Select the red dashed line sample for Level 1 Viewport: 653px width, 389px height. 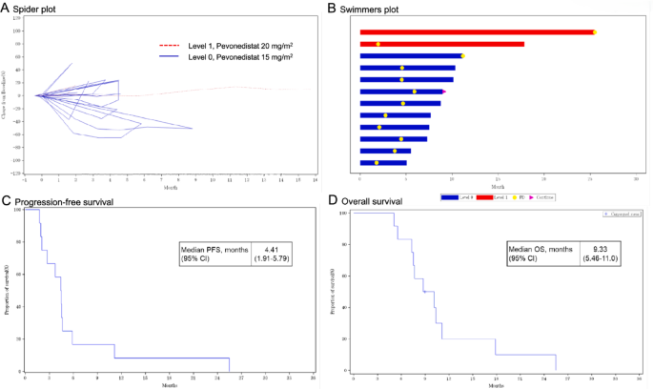(170, 45)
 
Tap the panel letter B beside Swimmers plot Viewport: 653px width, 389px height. (331, 9)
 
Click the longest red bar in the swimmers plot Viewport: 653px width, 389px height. (477, 32)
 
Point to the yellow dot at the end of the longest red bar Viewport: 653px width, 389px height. (594, 32)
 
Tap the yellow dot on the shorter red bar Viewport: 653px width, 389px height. (378, 44)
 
